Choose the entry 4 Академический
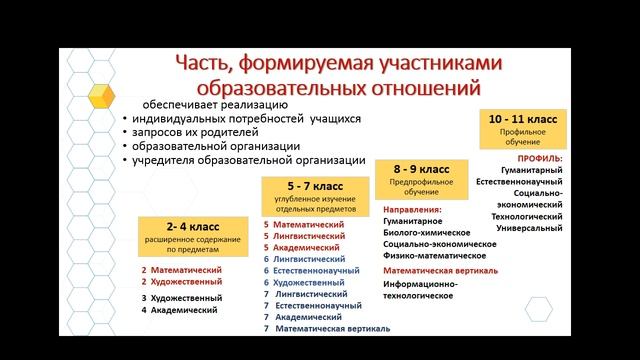(179, 310)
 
